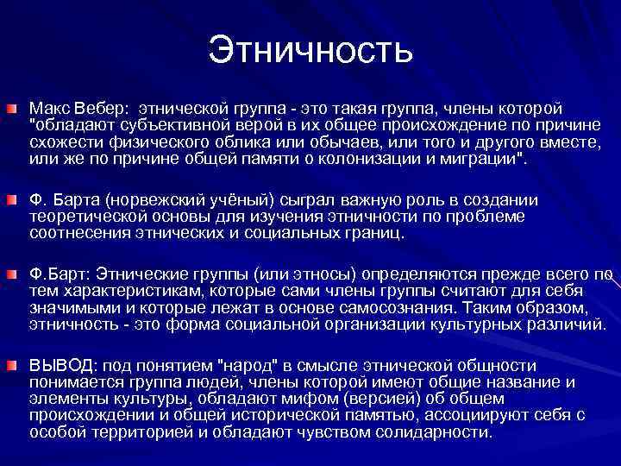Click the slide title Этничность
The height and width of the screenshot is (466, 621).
tap(310, 49)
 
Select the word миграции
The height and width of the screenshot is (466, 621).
tap(479, 160)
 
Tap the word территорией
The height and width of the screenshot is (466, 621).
tap(149, 432)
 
